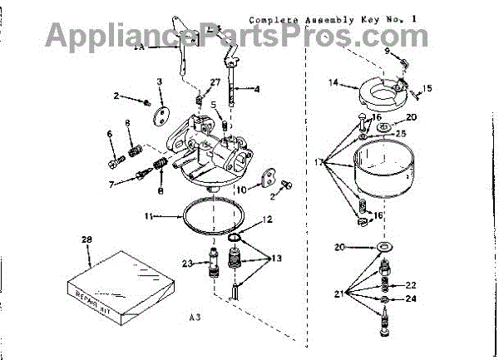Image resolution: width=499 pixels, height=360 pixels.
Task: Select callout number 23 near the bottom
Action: click(188, 264)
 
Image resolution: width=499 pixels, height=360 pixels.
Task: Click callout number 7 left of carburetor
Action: click(111, 183)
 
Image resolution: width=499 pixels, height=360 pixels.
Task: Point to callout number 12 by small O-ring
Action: click(267, 220)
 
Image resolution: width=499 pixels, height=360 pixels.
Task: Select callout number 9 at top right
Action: click(387, 52)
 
